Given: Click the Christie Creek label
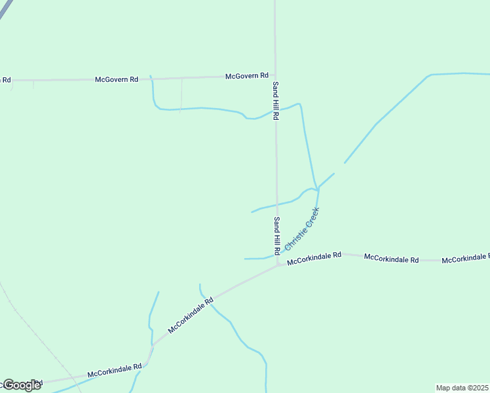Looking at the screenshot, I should tap(302, 229).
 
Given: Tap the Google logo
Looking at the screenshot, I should tap(21, 384).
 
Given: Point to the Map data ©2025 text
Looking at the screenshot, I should tap(462, 388).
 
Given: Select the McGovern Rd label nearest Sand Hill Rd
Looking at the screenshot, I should tap(247, 76).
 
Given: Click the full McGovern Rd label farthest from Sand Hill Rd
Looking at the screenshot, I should tap(117, 79).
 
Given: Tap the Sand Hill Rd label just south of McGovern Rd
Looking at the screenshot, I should tap(276, 100).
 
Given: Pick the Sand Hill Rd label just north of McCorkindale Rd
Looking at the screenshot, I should tap(277, 235).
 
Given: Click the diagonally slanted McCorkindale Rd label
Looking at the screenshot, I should tap(191, 316).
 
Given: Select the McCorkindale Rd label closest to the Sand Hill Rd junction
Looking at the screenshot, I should tap(314, 255).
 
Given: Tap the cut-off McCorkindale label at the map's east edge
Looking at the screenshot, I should tap(465, 260).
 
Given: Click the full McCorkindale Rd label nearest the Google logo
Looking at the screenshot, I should tap(115, 371).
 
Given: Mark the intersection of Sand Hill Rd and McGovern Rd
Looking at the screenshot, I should tap(275, 76).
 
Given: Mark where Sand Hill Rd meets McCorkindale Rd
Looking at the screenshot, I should tap(278, 265).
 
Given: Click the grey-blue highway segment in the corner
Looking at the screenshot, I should tap(6, 9).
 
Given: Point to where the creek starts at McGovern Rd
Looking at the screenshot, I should tap(151, 76).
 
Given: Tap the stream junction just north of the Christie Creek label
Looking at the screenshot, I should tap(317, 190).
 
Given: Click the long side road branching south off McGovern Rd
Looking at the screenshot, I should tap(181, 95).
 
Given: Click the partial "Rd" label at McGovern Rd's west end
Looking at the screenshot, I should tap(6, 80).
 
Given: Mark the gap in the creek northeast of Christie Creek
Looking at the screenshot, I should tap(339, 168).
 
